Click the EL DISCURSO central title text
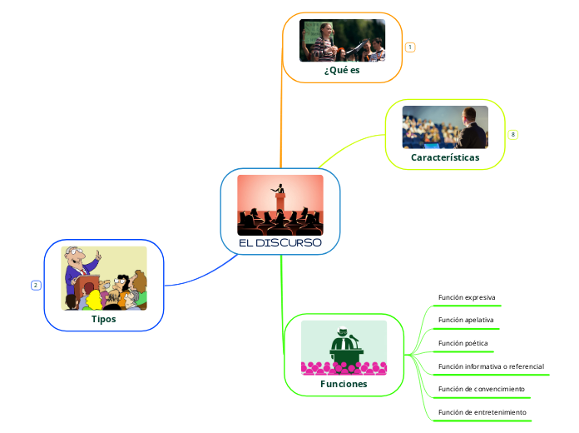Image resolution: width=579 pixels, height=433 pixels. (280, 243)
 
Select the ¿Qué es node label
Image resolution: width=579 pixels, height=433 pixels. (342, 71)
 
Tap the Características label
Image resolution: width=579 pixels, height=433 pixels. (445, 157)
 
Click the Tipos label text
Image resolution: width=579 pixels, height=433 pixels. (103, 318)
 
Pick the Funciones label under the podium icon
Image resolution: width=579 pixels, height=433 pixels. (344, 384)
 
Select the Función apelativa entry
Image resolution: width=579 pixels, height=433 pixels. (466, 320)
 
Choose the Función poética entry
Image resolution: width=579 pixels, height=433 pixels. (463, 343)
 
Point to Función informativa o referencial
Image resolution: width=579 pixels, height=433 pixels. (491, 366)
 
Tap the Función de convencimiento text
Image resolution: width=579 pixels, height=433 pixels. (481, 389)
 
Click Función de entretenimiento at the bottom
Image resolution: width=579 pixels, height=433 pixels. (482, 412)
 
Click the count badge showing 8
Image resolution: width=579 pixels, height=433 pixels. (513, 134)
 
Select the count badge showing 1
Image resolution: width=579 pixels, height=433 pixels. (410, 47)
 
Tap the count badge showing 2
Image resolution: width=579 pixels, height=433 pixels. (36, 286)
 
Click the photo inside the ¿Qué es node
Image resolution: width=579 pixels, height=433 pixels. (342, 40)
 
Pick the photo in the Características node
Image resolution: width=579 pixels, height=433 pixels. (445, 127)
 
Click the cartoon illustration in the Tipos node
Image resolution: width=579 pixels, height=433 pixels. (103, 277)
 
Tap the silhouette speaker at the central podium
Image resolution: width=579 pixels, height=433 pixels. (280, 193)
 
